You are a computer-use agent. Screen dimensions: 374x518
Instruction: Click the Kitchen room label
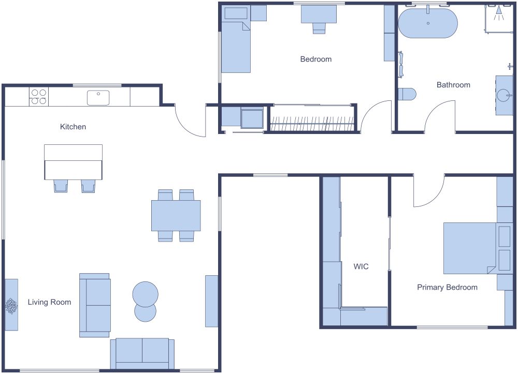[73, 127]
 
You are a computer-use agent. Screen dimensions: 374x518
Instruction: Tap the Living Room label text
[49, 302]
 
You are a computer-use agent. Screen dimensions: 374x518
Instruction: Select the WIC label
[361, 267]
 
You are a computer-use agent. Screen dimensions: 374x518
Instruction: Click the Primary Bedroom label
[447, 287]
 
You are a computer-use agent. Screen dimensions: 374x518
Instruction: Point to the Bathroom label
[453, 85]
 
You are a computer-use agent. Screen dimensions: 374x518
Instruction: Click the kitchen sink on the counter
[98, 97]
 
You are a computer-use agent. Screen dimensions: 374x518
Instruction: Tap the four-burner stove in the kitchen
[38, 97]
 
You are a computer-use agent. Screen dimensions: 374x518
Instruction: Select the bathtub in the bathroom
[428, 23]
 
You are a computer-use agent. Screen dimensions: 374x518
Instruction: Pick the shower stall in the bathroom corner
[499, 19]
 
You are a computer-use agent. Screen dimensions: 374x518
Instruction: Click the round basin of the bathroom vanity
[504, 96]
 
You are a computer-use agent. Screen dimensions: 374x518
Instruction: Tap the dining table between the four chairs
[176, 215]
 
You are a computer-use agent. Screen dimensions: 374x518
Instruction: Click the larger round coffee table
[146, 294]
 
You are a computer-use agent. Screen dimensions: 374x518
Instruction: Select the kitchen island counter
[73, 162]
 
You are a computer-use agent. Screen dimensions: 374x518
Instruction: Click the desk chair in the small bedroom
[319, 28]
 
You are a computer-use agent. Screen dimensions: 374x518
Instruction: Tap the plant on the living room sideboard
[11, 306]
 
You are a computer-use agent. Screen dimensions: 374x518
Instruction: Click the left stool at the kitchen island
[61, 186]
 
